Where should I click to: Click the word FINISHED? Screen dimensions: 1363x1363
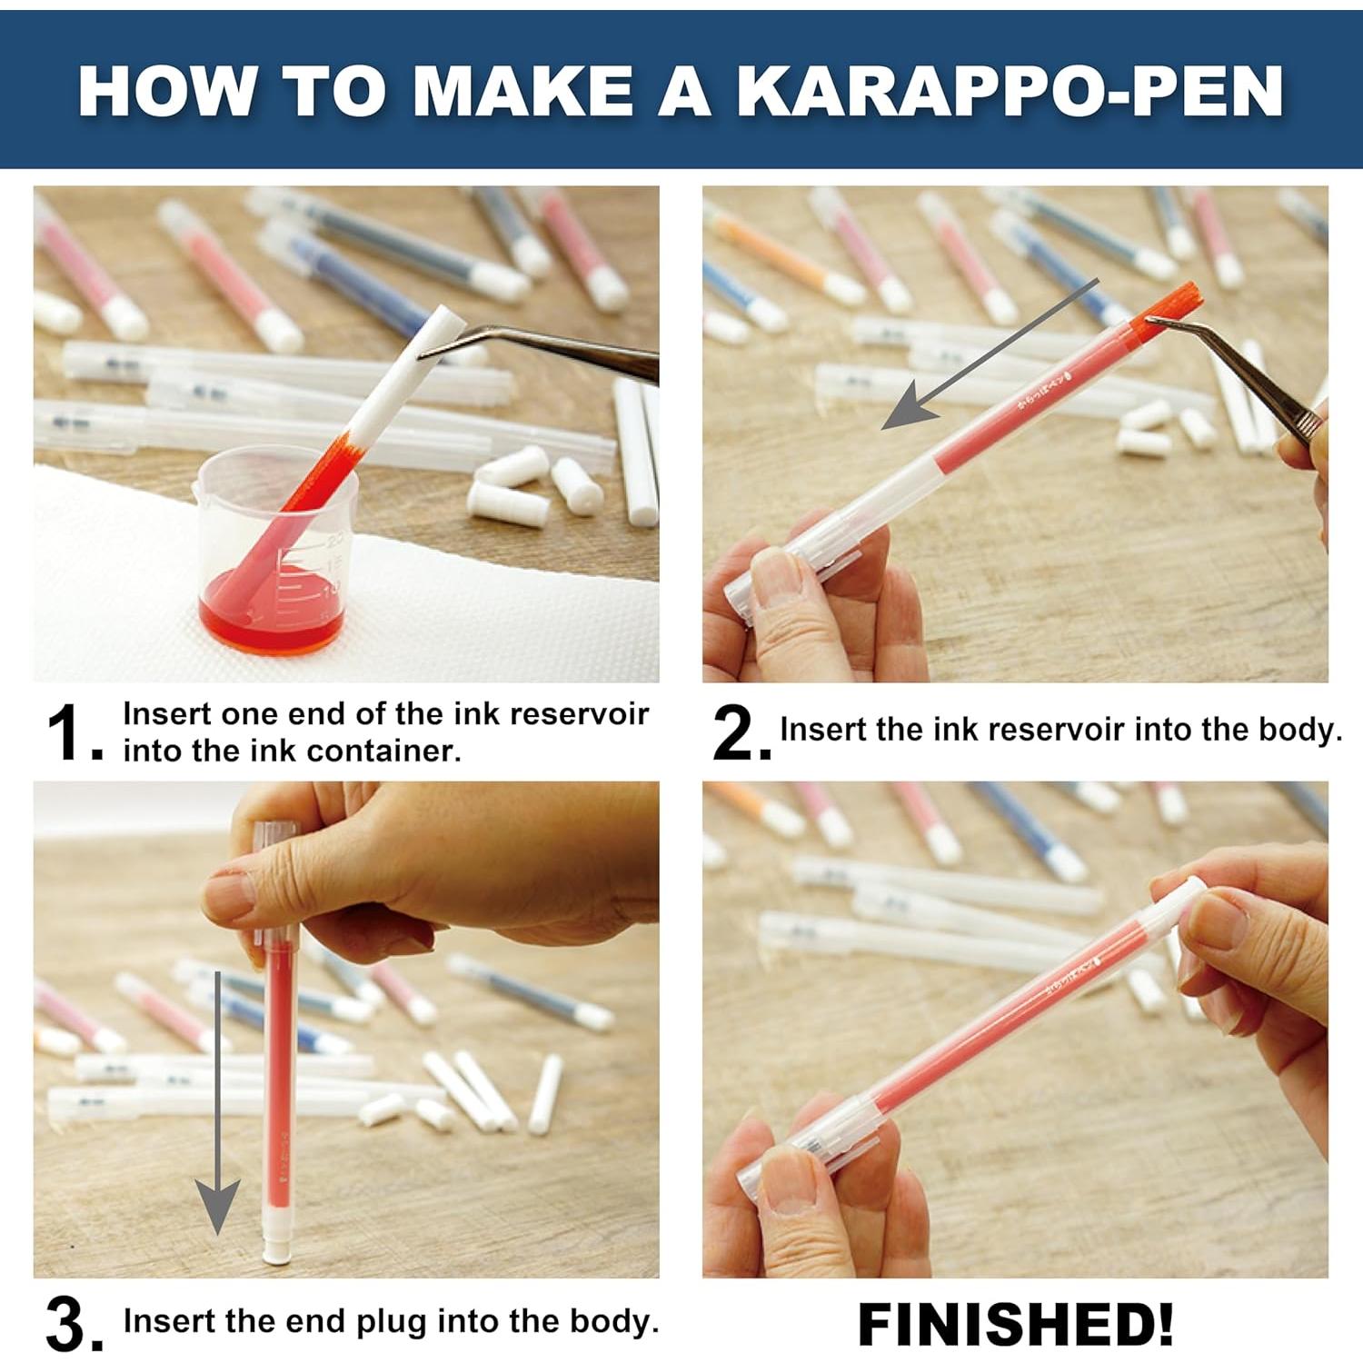tap(1015, 1324)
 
